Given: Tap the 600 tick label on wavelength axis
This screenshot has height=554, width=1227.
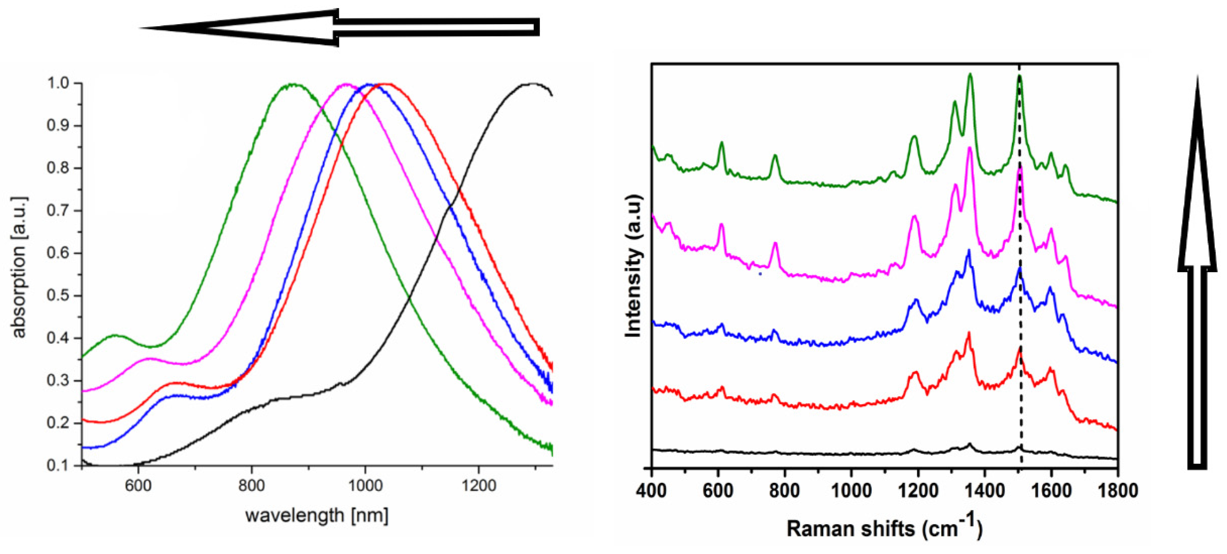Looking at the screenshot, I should (x=138, y=485).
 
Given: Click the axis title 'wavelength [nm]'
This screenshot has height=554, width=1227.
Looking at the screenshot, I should (x=317, y=515).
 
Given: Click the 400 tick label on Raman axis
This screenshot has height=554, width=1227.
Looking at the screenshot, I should (x=651, y=490).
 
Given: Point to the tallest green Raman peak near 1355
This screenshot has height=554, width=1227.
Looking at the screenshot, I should (x=970, y=74).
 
